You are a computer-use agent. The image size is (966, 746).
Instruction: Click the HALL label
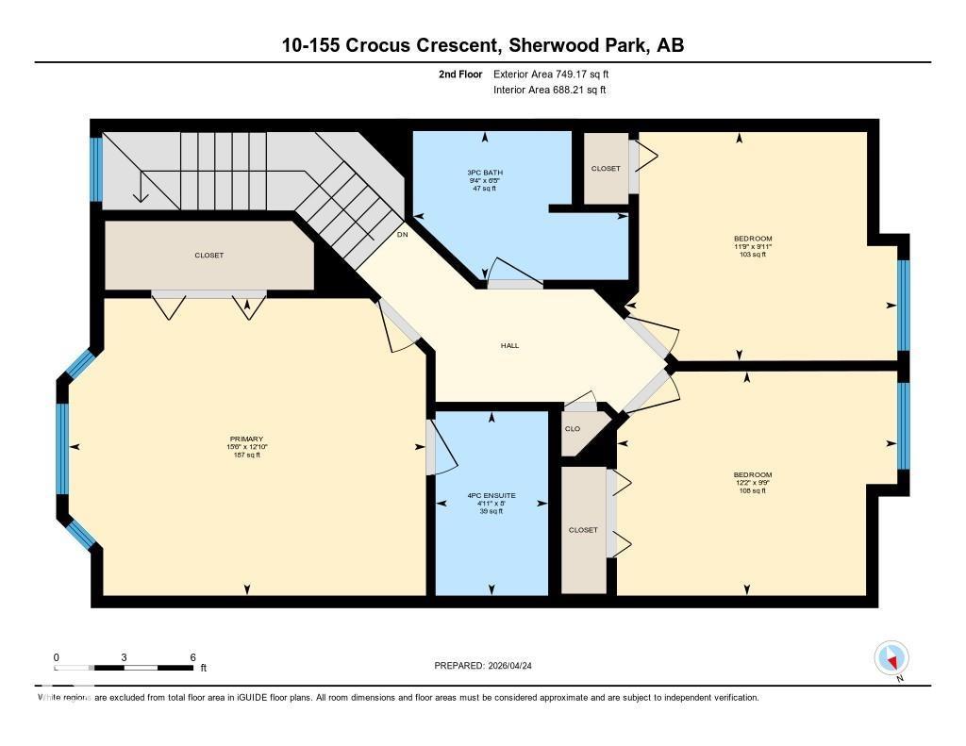click(x=509, y=345)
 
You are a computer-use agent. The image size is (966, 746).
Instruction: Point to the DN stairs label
click(x=403, y=234)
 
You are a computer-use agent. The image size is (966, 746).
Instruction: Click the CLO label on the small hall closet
click(x=572, y=428)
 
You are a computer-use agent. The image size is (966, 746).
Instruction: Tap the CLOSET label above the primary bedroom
click(x=208, y=256)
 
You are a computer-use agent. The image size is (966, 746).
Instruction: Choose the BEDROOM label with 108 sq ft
click(x=753, y=474)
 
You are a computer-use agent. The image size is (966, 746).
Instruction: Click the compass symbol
click(x=891, y=657)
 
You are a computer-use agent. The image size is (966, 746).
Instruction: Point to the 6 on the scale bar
click(x=192, y=657)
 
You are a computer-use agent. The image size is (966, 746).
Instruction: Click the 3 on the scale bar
click(x=124, y=657)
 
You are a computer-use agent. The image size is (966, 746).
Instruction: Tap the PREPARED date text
click(x=489, y=666)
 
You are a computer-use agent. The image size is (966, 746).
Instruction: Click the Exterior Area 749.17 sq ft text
click(x=558, y=74)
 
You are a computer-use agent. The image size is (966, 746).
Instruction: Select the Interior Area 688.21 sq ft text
click(x=549, y=91)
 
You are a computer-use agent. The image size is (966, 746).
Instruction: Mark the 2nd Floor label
click(x=461, y=74)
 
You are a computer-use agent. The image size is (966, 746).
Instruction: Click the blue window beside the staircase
click(x=95, y=170)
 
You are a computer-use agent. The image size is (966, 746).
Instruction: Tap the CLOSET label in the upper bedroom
click(x=606, y=169)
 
